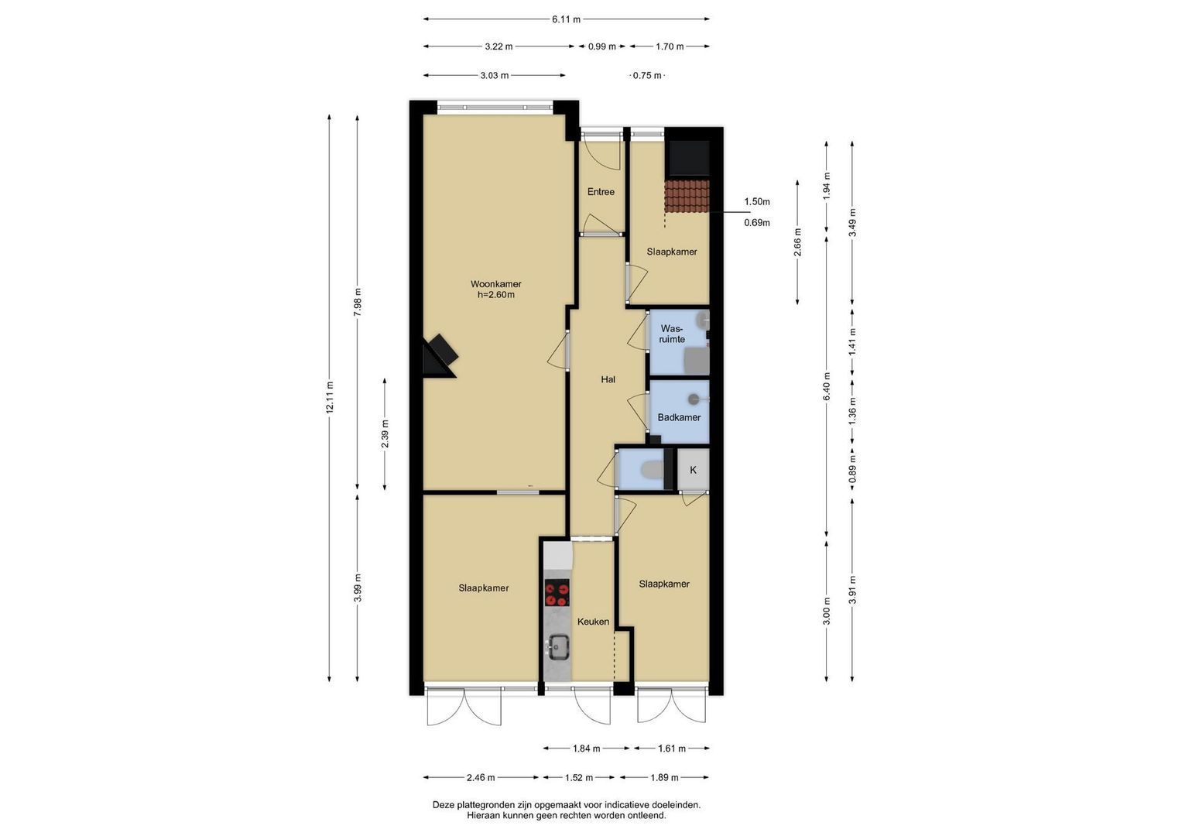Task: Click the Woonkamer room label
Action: pos(495,284)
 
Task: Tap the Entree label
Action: pos(601,192)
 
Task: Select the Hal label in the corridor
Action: pos(608,379)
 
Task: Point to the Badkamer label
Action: pos(679,417)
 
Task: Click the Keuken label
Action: pos(593,622)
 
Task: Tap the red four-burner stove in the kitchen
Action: pos(557,593)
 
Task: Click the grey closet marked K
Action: pos(693,469)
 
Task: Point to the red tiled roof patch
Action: pos(687,196)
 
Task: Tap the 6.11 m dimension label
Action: pos(566,19)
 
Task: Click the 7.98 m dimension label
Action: pos(358,303)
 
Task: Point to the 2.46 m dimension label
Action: pos(481,777)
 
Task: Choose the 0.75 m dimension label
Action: pos(647,76)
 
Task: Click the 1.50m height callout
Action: pos(757,201)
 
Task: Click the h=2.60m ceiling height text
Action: pos(495,295)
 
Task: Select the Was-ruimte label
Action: pos(672,334)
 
